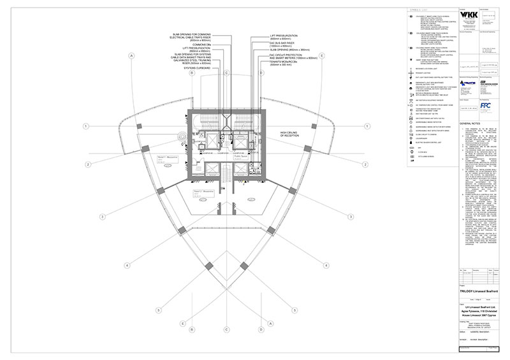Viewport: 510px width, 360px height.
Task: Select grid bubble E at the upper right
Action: click(323, 56)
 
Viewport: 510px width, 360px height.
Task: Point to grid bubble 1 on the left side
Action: click(86, 126)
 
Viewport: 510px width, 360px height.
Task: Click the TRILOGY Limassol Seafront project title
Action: click(473, 290)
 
